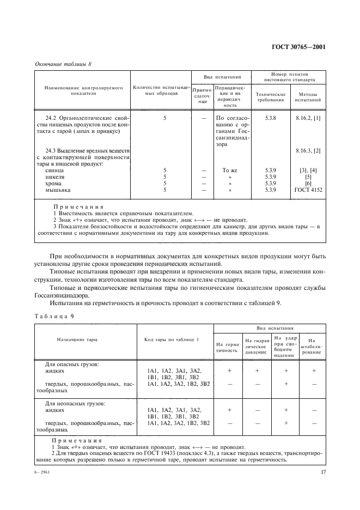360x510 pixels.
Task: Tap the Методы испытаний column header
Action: coord(308,97)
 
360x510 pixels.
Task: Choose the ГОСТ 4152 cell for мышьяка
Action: coord(308,190)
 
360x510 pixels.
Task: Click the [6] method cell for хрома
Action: coord(308,184)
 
